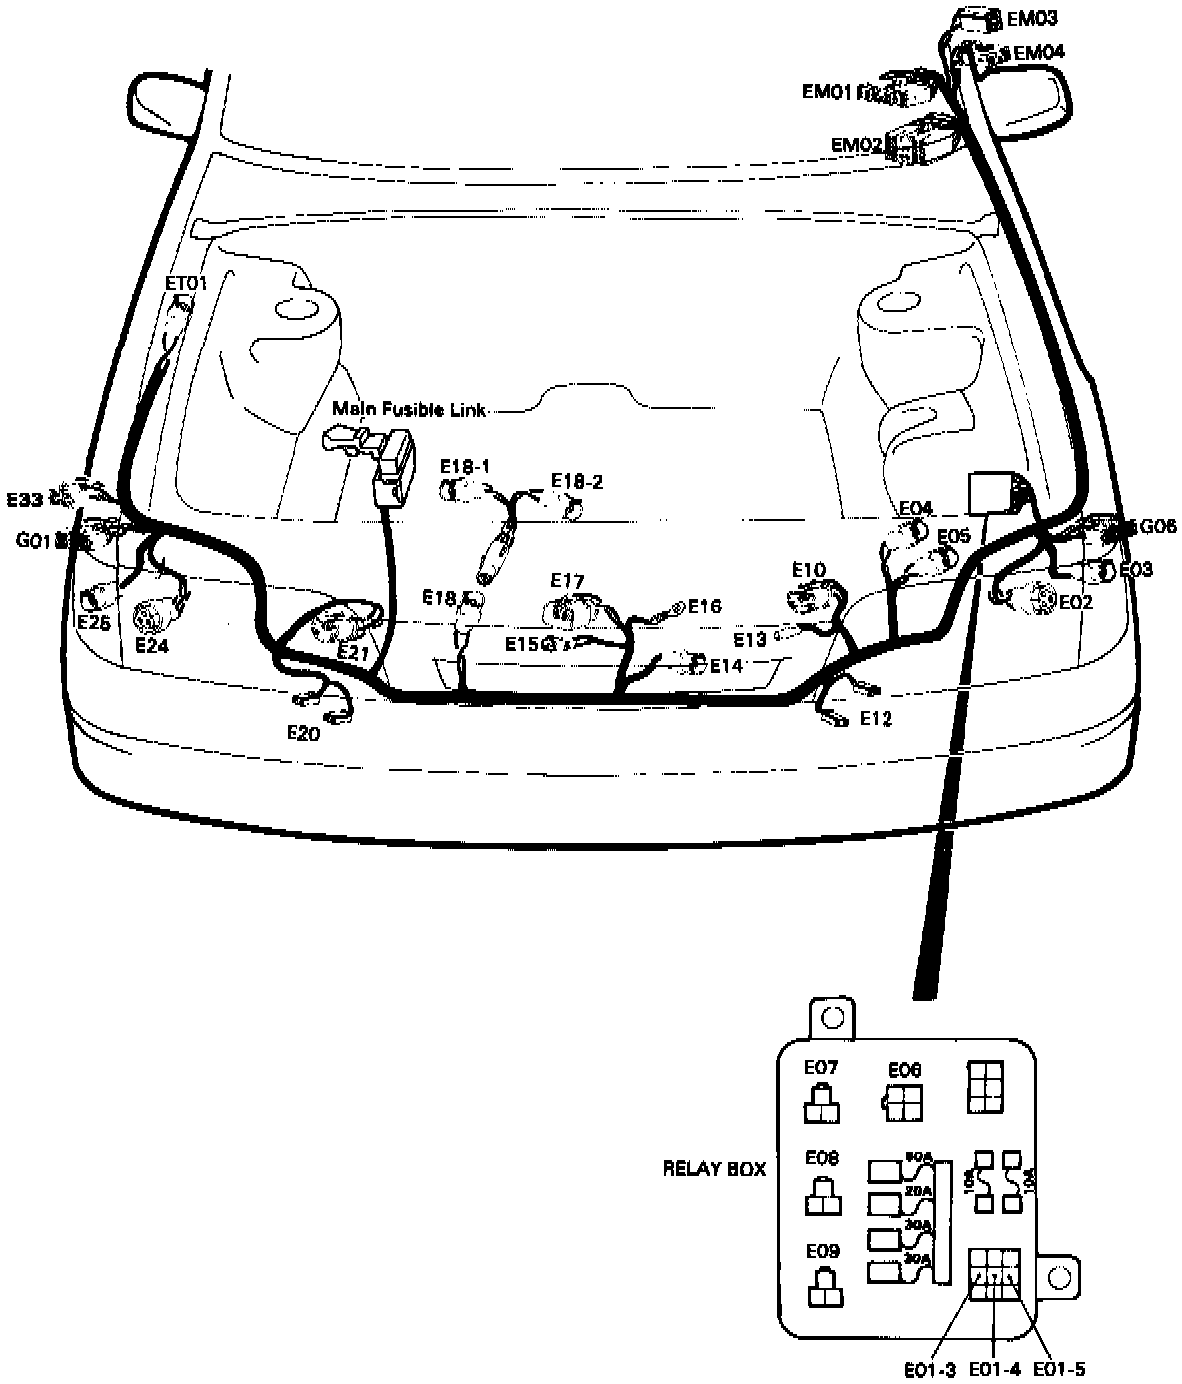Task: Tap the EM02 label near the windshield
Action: (x=857, y=145)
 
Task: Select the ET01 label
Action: (x=186, y=283)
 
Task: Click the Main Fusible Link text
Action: (x=409, y=409)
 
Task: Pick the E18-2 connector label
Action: (x=578, y=482)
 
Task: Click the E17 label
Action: (x=567, y=580)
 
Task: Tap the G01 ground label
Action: (x=34, y=540)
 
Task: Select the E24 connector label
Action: (x=152, y=645)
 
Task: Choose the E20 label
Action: (x=303, y=733)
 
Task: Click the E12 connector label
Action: (x=875, y=718)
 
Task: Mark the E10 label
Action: (x=809, y=569)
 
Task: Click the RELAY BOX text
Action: (x=714, y=1168)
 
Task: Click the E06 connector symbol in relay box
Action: (x=903, y=1102)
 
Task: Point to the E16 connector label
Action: (x=704, y=606)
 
